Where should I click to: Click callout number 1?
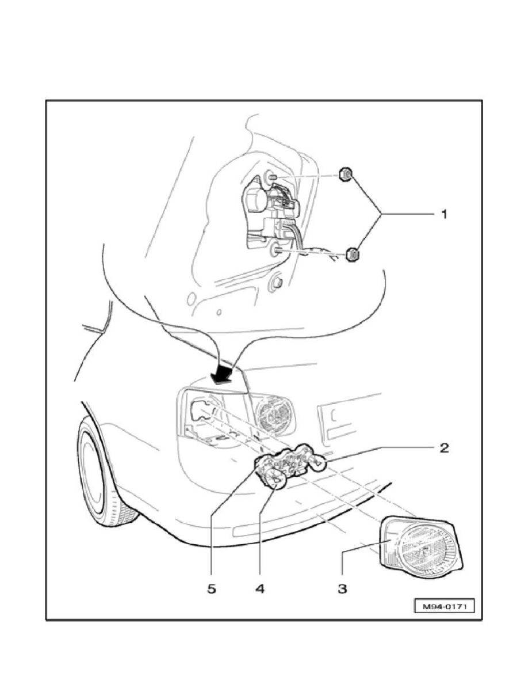pyautogui.click(x=444, y=214)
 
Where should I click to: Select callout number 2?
pyautogui.click(x=444, y=447)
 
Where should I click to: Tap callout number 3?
pyautogui.click(x=342, y=588)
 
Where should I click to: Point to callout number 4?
pyautogui.click(x=259, y=588)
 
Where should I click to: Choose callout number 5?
pyautogui.click(x=211, y=588)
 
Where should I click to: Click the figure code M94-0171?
pyautogui.click(x=443, y=606)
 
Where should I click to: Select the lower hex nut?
pyautogui.click(x=352, y=254)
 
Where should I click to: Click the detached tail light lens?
pyautogui.click(x=421, y=546)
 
